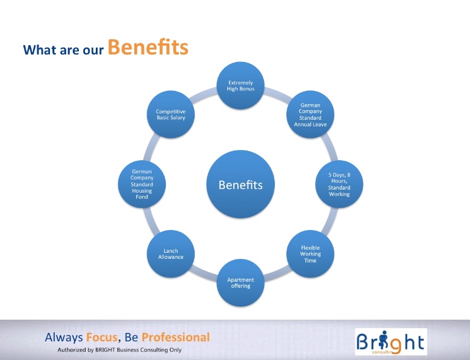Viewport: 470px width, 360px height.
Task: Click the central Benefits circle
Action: tap(240, 184)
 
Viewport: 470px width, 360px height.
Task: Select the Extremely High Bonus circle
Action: tap(240, 85)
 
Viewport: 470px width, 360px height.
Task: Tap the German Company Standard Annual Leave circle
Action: tap(310, 114)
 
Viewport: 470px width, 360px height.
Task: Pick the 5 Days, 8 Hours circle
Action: tap(339, 184)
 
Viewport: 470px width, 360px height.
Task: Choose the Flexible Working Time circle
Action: tap(310, 254)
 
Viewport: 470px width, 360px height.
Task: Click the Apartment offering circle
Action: tap(240, 283)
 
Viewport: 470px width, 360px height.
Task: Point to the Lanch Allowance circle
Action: tap(171, 254)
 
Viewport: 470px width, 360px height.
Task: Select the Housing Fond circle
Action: tap(142, 184)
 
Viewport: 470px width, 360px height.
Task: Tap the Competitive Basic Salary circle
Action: tap(171, 114)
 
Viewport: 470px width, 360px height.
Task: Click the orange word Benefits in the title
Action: tap(148, 48)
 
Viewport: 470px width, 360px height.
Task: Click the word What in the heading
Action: tap(40, 50)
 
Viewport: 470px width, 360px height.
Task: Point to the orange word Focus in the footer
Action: tap(102, 337)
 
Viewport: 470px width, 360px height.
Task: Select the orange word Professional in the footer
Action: tap(175, 337)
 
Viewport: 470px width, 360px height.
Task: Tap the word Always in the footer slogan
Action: tap(63, 338)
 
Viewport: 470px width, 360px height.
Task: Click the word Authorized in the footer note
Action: tap(72, 350)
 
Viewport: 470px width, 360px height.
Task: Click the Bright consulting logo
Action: tap(391, 341)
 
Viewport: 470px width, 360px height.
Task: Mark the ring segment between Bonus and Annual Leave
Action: tap(278, 93)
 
